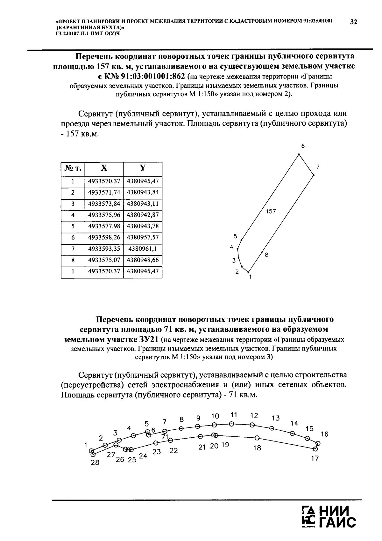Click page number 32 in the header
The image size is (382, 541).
point(354,22)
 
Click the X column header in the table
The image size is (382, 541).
point(104,168)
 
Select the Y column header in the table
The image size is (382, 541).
point(143,168)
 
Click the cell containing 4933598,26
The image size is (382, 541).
point(104,238)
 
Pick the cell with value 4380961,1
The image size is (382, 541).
point(143,249)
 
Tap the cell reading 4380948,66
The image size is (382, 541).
point(143,260)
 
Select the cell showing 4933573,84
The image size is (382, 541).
point(104,204)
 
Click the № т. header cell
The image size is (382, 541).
point(73,168)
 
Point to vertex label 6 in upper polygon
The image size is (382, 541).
point(303,146)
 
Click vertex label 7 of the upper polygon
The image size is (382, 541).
point(318,167)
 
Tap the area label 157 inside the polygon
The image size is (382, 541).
point(271,211)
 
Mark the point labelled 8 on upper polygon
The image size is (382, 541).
point(266,255)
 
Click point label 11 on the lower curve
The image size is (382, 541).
point(234,415)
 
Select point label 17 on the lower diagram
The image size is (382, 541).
point(315,458)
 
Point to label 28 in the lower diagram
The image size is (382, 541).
point(95,463)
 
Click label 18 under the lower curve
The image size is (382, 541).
point(257,448)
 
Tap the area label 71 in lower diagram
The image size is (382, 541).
point(165,437)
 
